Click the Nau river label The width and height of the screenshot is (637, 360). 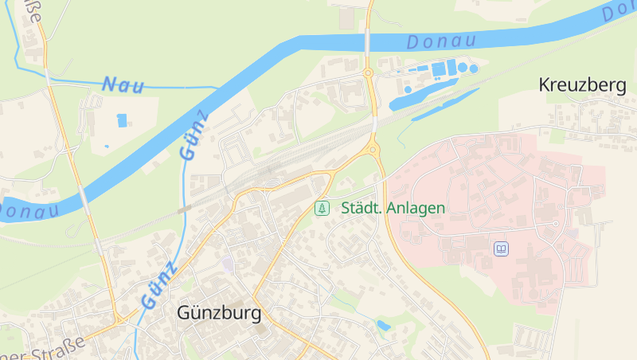tap(123, 84)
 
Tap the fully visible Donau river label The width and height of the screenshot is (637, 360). tap(440, 41)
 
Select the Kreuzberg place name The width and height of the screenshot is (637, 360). tap(582, 85)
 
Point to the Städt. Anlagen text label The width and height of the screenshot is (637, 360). tap(393, 208)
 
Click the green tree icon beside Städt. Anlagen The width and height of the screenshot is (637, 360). tap(322, 208)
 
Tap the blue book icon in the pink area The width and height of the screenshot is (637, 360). tap(501, 249)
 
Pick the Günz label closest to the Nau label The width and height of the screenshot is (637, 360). tap(195, 135)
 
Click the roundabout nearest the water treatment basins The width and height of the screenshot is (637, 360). tap(368, 73)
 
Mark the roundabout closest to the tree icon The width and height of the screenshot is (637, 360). tap(372, 149)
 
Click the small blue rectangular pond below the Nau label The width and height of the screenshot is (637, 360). tap(122, 120)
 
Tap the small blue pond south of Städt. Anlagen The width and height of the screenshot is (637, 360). tap(384, 325)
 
